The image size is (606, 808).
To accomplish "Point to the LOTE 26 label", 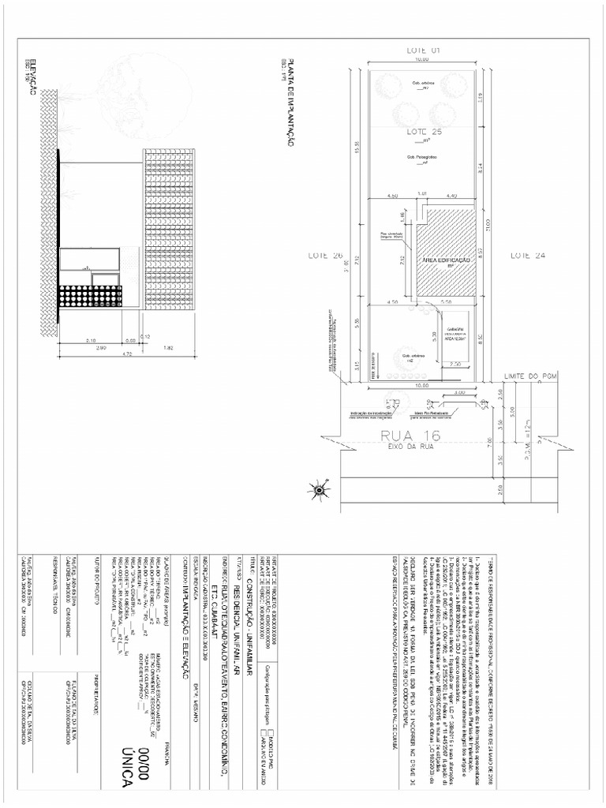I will click(326, 256).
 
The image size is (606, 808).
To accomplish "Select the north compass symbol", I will click(320, 489).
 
